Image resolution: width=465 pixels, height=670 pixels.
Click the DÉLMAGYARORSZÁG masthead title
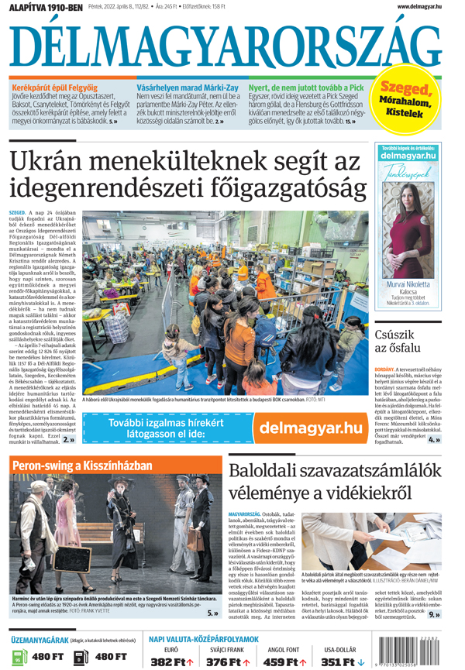(232, 42)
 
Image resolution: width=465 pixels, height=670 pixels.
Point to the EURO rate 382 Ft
(171, 661)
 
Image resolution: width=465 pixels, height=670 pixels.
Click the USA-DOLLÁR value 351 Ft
(339, 661)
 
